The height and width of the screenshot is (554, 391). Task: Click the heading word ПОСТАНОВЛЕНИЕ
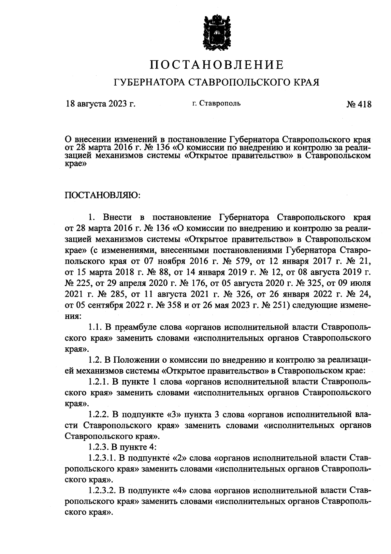click(x=217, y=65)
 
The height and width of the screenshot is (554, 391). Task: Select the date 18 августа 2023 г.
click(x=100, y=104)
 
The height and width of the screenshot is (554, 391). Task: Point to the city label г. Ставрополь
click(x=216, y=104)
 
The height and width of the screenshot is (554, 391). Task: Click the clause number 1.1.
click(x=95, y=327)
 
